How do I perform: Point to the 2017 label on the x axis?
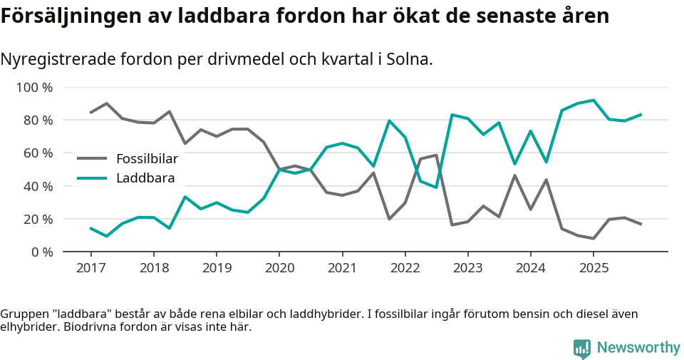90,268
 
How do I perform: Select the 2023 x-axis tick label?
467,268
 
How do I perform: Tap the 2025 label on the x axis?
593,268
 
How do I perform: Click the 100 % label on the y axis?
34,88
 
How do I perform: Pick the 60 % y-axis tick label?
38,153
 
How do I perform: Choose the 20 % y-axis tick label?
38,220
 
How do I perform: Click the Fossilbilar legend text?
147,159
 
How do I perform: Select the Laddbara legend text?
145,178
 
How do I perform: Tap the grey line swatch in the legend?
92,159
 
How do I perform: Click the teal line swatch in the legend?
92,178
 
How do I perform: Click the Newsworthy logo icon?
581,348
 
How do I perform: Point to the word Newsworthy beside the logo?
638,348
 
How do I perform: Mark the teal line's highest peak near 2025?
593,101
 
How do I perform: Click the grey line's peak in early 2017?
106,103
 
